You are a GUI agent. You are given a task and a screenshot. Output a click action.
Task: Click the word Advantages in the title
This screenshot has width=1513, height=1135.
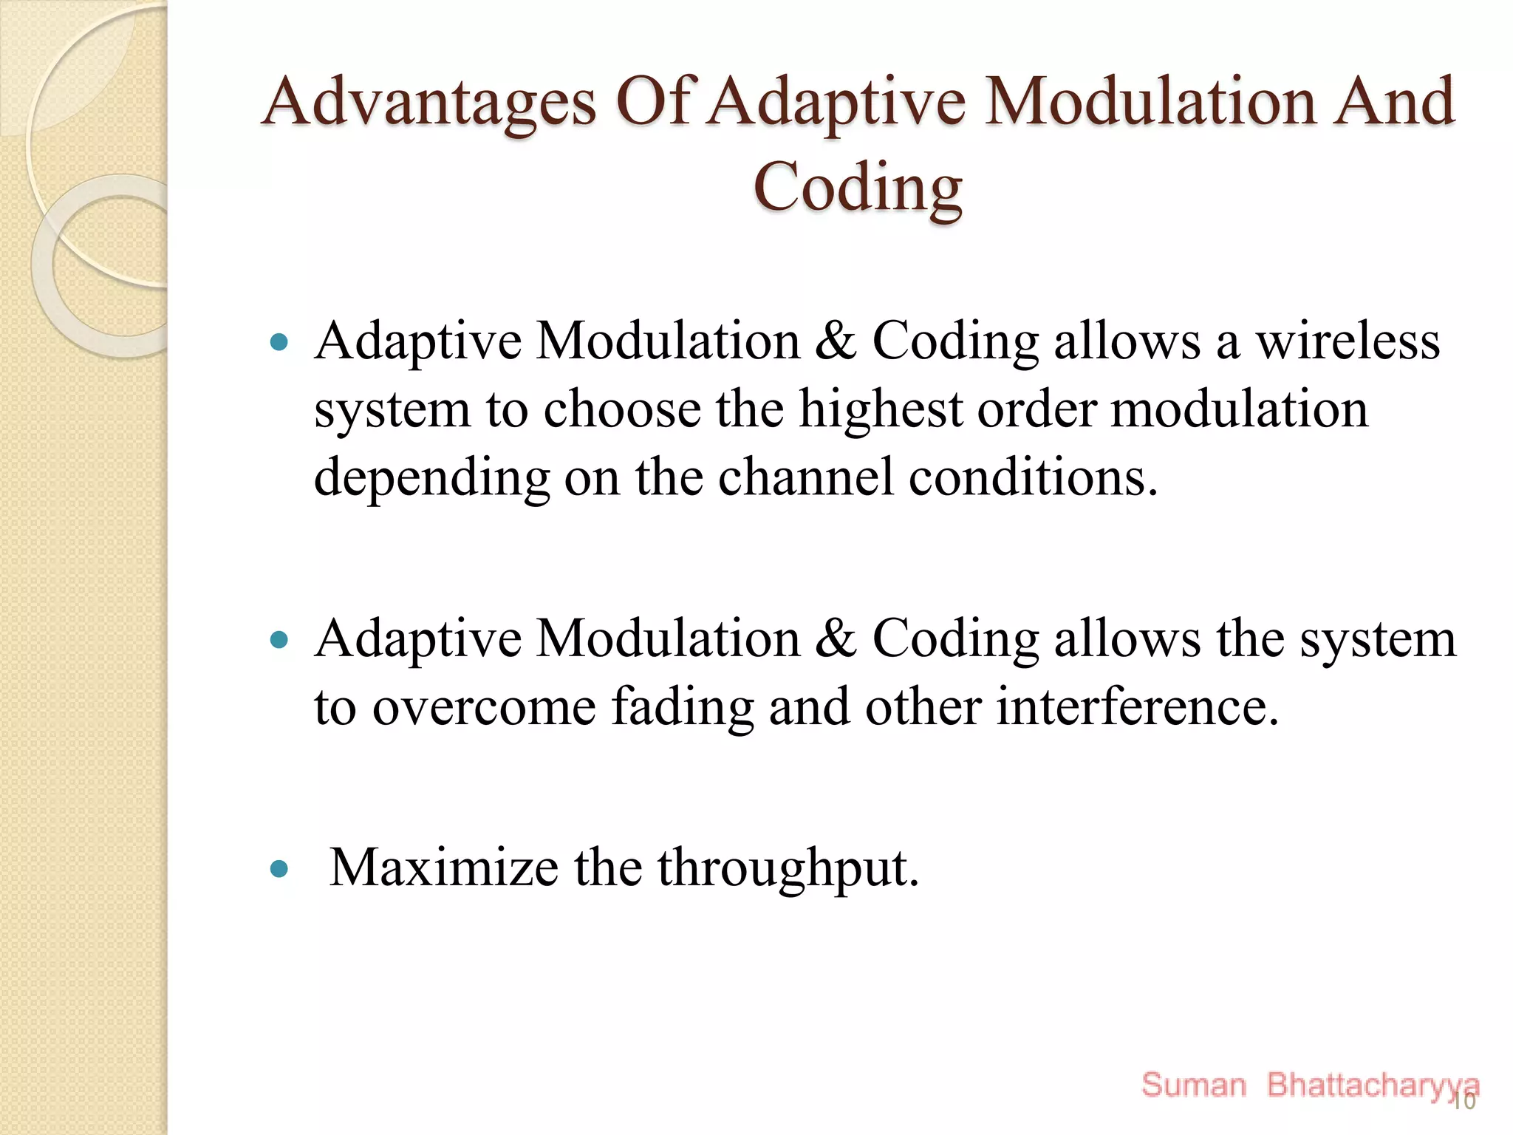pos(428,103)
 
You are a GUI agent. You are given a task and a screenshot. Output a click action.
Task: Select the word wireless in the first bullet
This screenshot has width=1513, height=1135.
pos(1348,342)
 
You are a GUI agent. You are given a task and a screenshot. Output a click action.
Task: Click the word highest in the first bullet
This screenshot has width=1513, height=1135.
pos(881,410)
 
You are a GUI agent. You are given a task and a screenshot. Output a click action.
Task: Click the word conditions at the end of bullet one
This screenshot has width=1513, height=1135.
pos(1032,478)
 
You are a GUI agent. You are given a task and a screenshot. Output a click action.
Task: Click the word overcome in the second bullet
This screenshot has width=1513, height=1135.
pos(484,707)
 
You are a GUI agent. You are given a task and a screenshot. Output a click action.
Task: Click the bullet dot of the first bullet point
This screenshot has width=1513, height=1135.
pos(279,342)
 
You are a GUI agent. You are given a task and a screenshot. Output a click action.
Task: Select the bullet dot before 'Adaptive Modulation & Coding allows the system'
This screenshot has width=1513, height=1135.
pos(279,639)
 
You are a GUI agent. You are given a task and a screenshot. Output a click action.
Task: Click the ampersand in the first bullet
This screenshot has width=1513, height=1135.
pos(836,342)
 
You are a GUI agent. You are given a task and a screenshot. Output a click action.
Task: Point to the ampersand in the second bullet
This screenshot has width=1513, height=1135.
pos(836,639)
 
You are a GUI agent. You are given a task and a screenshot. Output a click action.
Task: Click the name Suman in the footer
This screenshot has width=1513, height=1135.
pos(1193,1085)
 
